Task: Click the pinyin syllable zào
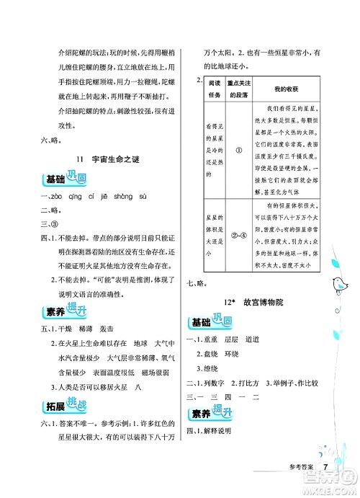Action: [x=58, y=197]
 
